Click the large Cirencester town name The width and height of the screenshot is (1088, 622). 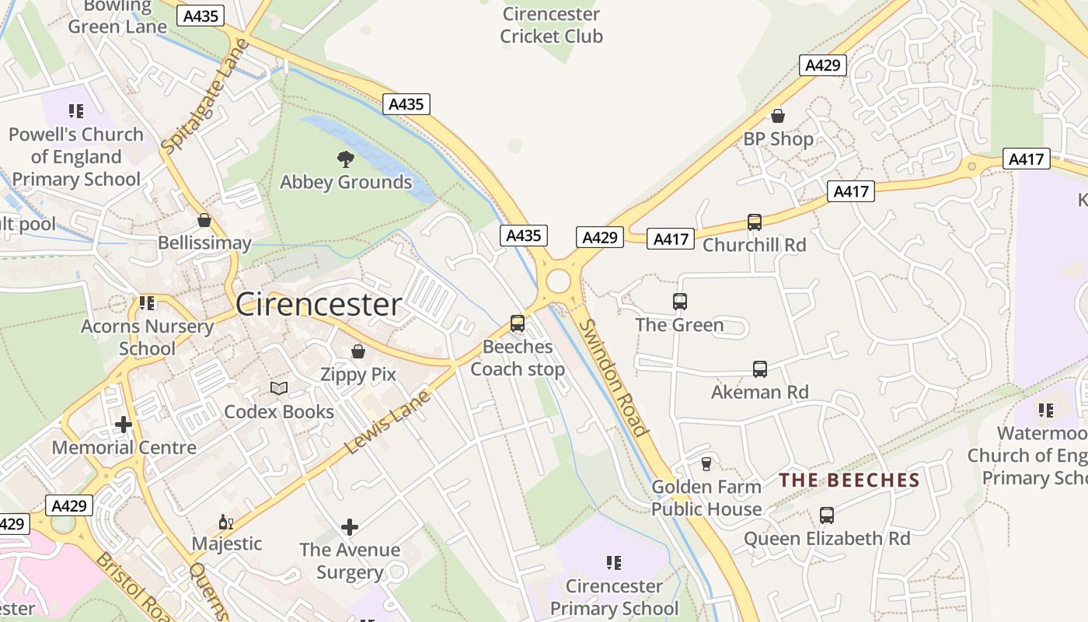(319, 304)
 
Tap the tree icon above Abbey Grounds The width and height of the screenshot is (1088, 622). (346, 159)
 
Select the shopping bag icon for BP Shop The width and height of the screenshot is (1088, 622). (778, 117)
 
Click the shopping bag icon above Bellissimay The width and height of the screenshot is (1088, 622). (204, 221)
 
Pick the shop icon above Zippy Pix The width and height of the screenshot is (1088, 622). (358, 351)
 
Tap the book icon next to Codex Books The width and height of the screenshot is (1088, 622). (279, 388)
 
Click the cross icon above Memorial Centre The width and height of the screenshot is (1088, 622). (124, 425)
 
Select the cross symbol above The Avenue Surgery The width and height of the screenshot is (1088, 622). (350, 527)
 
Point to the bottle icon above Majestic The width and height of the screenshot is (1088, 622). (226, 522)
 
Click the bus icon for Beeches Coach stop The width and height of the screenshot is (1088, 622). (518, 323)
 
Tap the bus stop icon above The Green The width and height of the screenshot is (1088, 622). (680, 302)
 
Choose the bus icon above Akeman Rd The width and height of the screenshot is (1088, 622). (760, 369)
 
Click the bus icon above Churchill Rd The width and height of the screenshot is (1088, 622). (755, 222)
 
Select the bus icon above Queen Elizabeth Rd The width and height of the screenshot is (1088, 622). (827, 515)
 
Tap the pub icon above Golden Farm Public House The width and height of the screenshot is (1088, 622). (706, 464)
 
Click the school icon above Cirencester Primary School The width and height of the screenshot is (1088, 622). (614, 562)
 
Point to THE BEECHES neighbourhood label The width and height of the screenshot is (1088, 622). (849, 480)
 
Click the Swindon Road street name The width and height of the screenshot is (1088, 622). (614, 378)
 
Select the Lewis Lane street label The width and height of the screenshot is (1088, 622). (387, 422)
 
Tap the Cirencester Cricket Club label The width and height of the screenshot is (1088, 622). (551, 25)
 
